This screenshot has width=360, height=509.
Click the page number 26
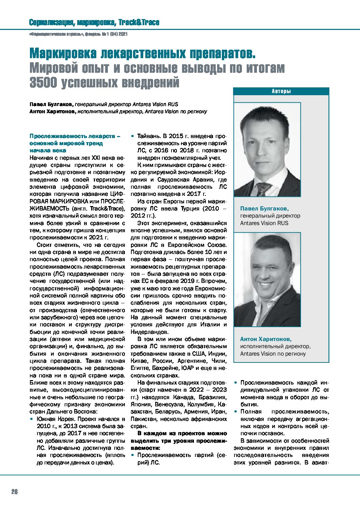14,492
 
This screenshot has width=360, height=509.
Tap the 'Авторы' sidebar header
281,91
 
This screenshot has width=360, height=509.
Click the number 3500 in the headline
43,83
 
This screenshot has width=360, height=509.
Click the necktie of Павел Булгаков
263,189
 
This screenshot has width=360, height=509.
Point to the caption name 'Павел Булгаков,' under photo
264,208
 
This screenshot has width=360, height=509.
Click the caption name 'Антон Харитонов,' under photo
265,339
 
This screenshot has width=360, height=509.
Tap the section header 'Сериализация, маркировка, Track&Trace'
94,23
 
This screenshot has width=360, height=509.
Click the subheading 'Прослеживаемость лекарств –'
75,136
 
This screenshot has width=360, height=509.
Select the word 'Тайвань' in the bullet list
148,136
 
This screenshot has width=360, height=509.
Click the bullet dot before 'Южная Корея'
31,419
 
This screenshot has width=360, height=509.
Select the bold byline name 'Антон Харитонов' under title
52,112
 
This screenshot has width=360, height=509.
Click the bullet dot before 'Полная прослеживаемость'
235,412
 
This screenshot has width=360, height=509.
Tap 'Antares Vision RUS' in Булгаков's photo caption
264,223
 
